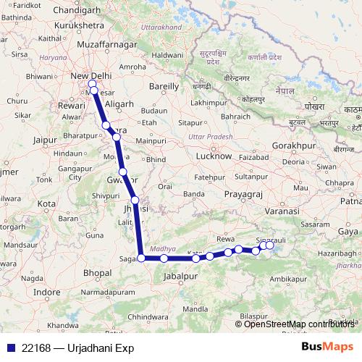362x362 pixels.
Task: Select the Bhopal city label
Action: coord(97,273)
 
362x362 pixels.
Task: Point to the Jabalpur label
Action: coord(181,277)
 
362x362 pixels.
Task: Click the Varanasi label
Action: coord(282,210)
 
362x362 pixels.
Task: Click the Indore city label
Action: coord(47,292)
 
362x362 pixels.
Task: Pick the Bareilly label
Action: coord(163,85)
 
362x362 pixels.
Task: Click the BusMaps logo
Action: coord(327,348)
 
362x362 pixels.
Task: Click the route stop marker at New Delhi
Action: coord(92,83)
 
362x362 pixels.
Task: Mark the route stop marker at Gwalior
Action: coord(123,172)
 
